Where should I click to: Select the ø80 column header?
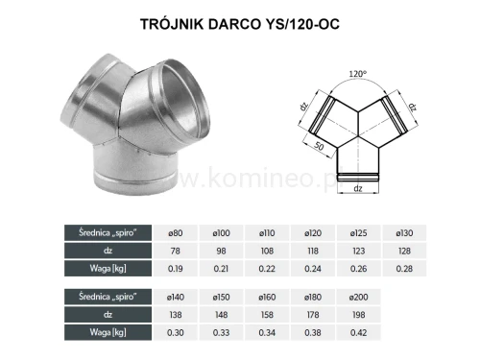point(175,233)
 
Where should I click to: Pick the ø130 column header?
point(405,233)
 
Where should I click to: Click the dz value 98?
point(221,250)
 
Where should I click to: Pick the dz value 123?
point(359,250)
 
